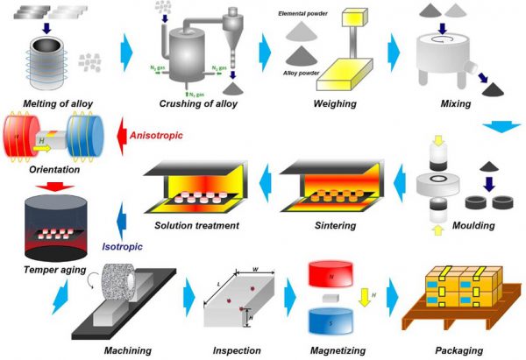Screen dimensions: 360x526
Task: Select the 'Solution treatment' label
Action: pos(196,226)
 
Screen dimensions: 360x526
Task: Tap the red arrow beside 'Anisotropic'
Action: pos(113,136)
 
